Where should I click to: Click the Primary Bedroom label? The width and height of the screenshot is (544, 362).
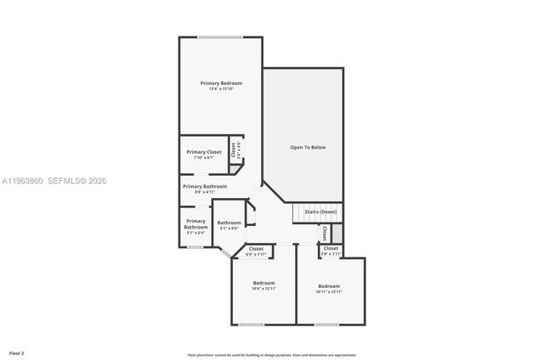coord(221,83)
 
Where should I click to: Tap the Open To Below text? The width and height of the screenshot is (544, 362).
coord(308,147)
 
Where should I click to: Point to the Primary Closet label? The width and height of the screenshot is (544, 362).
coord(204,151)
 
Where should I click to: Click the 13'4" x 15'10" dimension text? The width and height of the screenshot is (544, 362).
coord(221,89)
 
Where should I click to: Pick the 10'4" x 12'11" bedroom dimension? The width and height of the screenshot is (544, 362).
coord(263,289)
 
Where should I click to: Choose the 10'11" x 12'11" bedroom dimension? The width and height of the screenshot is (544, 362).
coord(329,291)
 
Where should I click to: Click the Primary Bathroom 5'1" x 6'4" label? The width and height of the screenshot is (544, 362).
coord(196,224)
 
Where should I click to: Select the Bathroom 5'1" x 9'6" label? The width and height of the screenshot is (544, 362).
coord(229,225)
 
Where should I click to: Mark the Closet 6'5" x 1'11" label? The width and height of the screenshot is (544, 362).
coord(256,252)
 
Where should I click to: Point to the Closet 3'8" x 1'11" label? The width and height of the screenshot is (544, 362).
coord(331,252)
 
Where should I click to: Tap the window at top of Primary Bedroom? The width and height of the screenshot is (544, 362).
coord(220,37)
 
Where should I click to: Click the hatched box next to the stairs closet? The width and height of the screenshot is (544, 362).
coord(337,233)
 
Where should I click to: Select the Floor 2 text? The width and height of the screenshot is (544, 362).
coord(17,352)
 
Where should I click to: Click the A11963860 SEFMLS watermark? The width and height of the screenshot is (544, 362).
coord(54,181)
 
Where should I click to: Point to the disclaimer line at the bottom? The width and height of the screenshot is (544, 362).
coord(272,355)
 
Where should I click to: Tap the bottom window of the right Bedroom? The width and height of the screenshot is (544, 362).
coord(327,325)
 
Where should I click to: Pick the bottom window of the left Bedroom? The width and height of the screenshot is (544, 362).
coord(251,325)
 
